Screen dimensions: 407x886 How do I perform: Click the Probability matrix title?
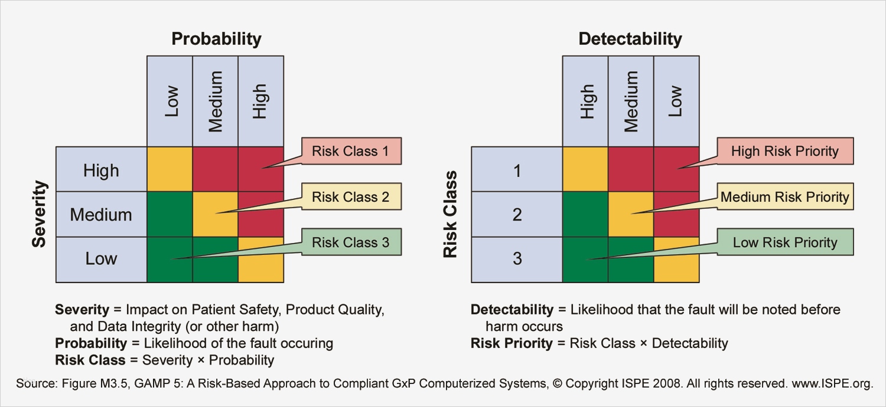click(x=216, y=39)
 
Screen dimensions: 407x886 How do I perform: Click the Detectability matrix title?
click(x=630, y=39)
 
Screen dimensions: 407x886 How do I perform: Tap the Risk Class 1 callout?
click(x=351, y=151)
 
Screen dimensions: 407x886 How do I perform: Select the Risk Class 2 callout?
click(x=351, y=197)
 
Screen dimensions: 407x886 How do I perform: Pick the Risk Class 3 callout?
click(x=351, y=242)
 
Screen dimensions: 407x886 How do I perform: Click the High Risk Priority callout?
click(x=784, y=151)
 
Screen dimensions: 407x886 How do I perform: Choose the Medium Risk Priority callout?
click(x=784, y=197)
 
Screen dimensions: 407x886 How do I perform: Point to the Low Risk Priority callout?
click(x=784, y=242)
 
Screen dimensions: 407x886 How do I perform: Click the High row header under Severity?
click(x=101, y=170)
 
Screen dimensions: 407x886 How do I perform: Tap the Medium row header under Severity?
click(x=101, y=214)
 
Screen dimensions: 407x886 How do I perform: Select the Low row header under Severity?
click(x=101, y=259)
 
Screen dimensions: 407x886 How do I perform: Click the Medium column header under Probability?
click(x=216, y=101)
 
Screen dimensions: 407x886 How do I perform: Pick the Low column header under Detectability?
click(x=676, y=101)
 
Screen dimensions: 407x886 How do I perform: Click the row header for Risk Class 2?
click(x=517, y=214)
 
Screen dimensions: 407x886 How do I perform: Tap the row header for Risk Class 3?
click(x=517, y=259)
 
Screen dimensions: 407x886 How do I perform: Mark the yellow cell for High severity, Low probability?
click(x=170, y=169)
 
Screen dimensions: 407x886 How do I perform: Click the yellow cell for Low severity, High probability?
click(x=261, y=260)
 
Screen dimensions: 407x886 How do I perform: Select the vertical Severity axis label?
click(x=39, y=214)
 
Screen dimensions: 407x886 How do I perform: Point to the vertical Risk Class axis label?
click(x=451, y=214)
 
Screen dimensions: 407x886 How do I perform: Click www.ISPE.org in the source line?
click(x=832, y=383)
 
